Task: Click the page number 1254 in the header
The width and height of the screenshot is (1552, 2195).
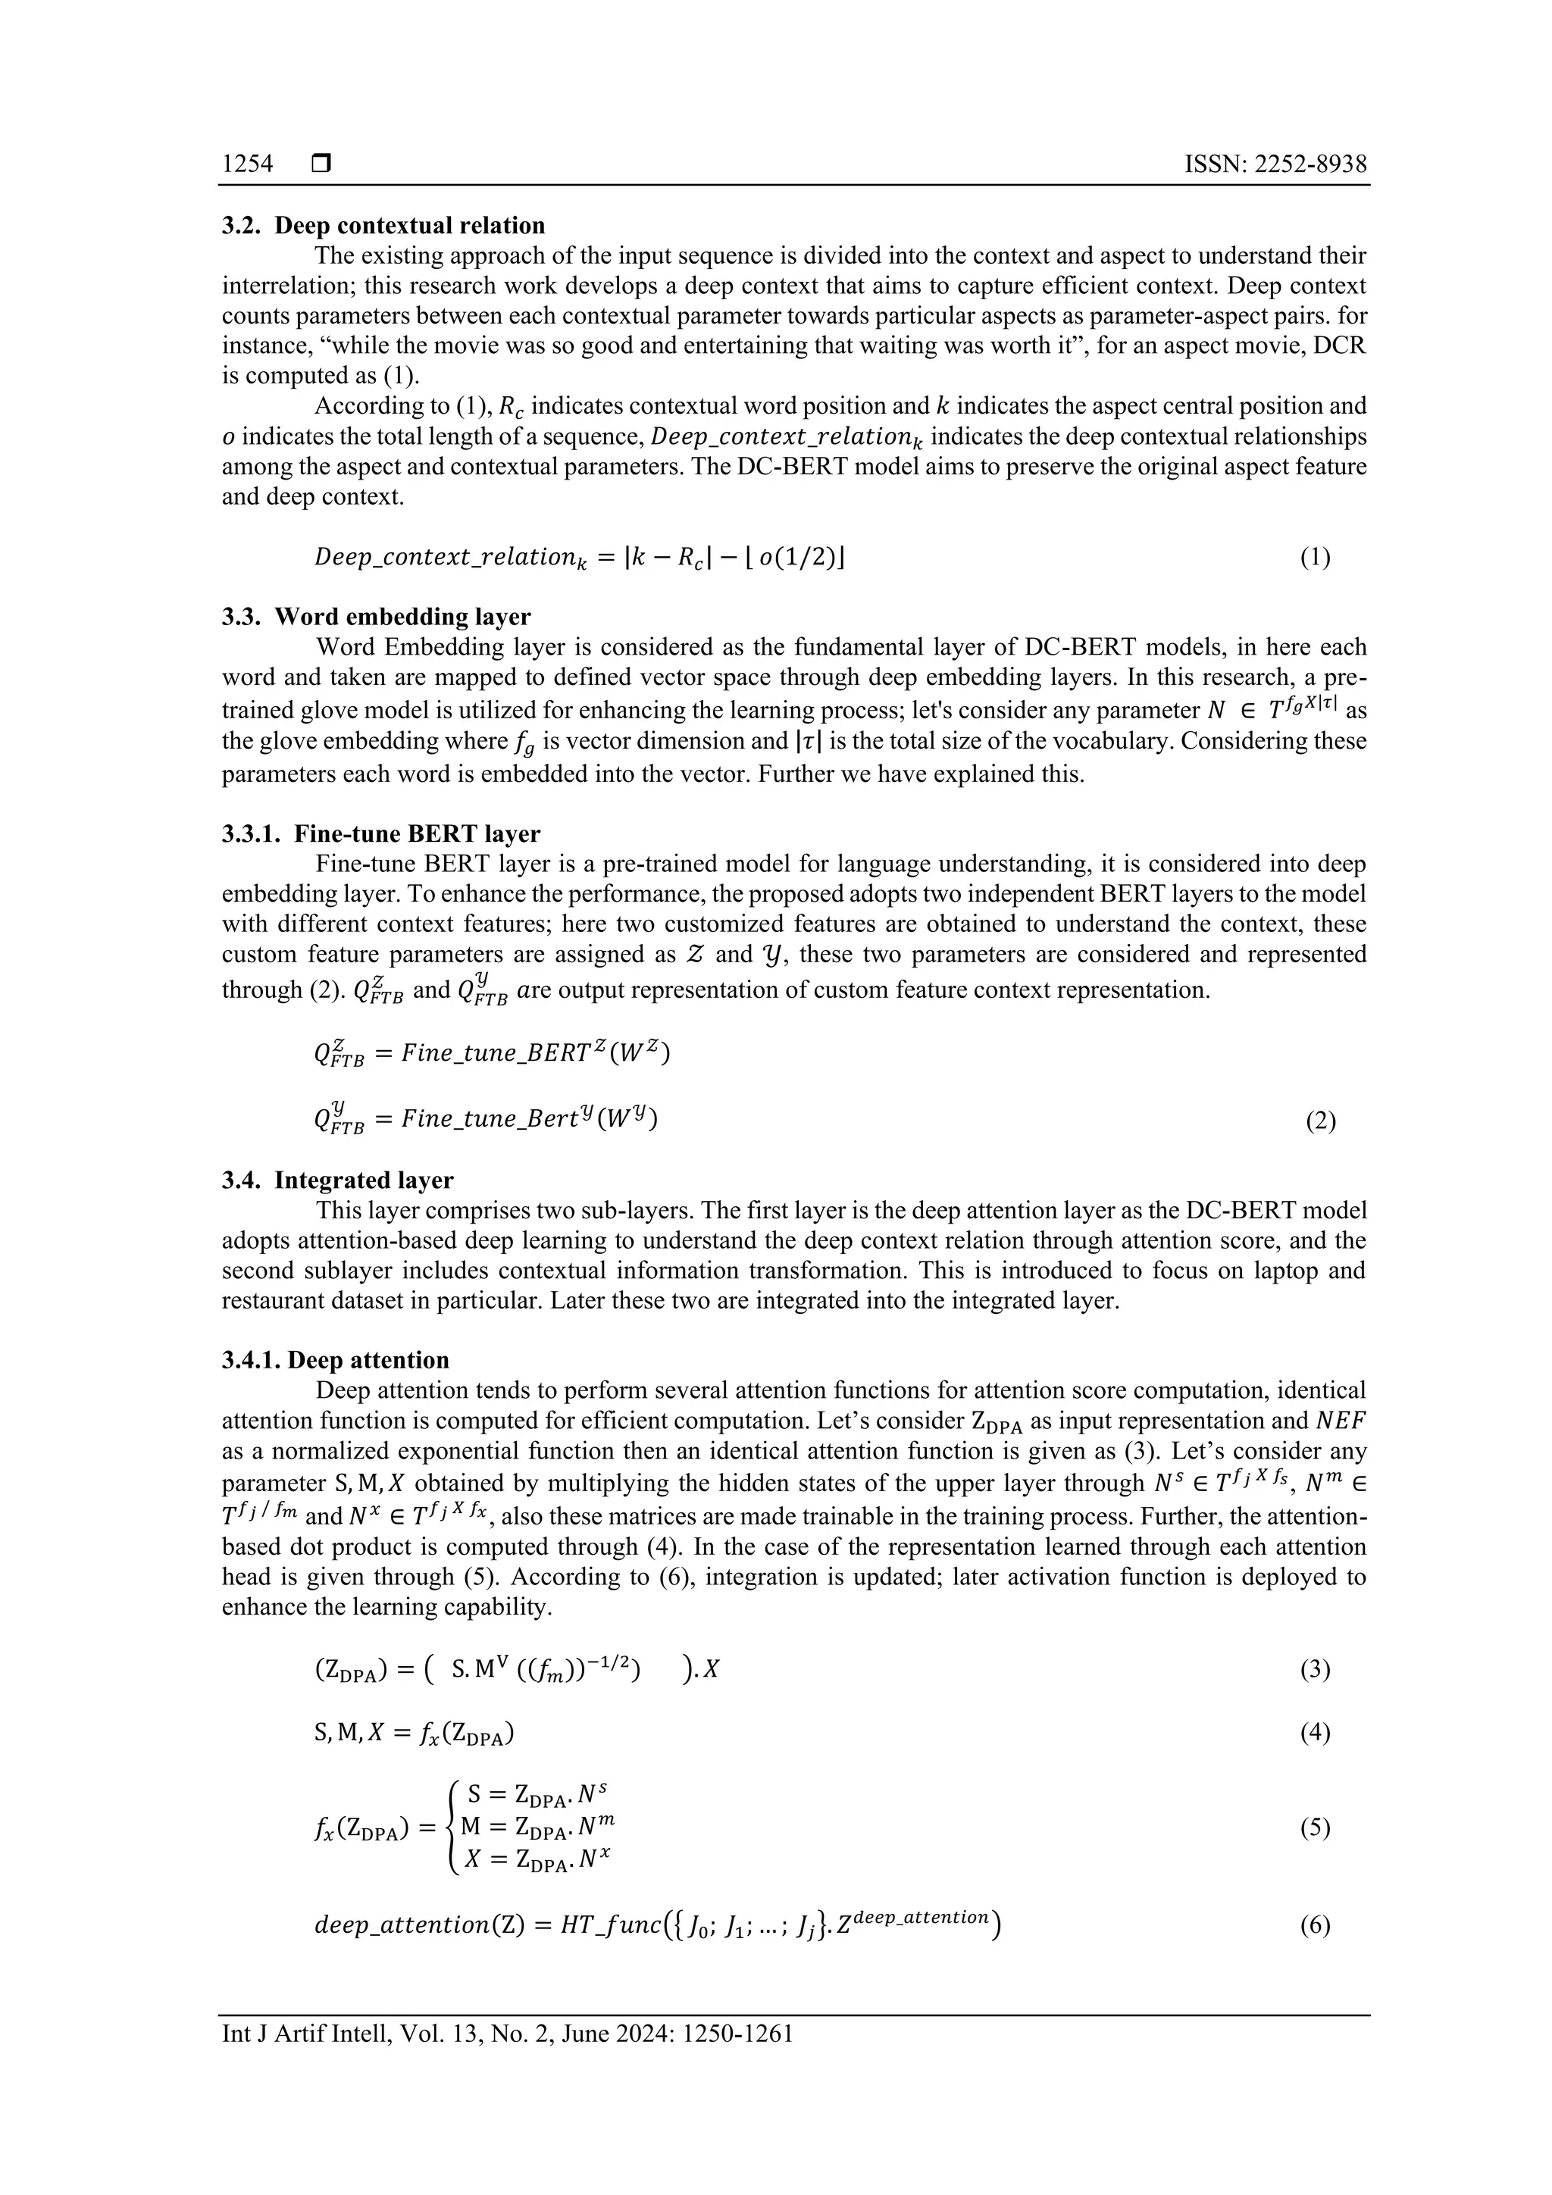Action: tap(247, 164)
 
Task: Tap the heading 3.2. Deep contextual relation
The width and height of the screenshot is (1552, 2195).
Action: tap(383, 226)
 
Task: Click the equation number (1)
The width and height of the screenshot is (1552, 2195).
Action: tap(1314, 558)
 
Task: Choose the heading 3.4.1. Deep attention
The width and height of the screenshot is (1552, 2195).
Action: tap(336, 1360)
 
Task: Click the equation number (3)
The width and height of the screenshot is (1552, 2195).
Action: tap(1314, 1669)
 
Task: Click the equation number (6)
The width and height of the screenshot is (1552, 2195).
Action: tap(1314, 1925)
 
